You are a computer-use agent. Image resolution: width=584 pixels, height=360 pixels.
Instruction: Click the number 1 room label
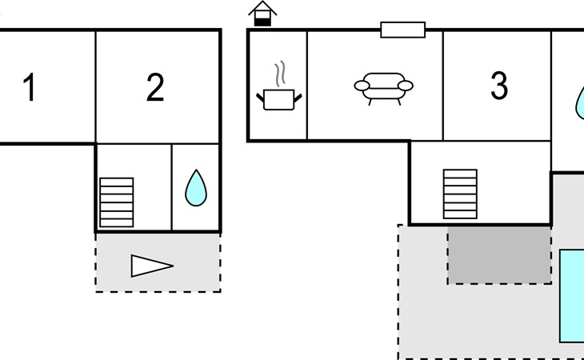[30, 87]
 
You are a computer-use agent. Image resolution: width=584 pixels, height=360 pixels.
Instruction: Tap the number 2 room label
[155, 87]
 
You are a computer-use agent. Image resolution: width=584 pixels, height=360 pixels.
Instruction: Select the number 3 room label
[499, 86]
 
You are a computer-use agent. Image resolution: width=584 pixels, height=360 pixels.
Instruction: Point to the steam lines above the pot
[280, 73]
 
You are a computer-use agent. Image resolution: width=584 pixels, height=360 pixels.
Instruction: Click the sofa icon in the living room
[384, 89]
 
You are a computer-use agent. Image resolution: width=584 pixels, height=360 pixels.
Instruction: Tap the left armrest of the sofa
[362, 86]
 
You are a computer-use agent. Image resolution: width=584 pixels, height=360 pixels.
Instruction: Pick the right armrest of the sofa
[406, 86]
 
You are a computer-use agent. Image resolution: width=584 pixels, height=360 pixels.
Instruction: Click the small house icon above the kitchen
[262, 14]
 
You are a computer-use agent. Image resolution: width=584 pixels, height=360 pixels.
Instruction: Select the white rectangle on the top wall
[402, 30]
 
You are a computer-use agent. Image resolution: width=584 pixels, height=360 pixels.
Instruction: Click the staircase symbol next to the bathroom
[117, 202]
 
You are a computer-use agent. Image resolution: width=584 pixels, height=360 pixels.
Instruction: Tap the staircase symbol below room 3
[460, 194]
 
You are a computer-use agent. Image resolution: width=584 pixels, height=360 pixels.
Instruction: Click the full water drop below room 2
[196, 188]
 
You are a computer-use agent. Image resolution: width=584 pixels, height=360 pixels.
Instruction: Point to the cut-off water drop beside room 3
[579, 102]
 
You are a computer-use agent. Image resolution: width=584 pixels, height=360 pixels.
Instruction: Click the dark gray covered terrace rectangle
[499, 254]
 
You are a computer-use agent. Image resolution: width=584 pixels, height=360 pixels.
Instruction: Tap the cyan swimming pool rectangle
[572, 296]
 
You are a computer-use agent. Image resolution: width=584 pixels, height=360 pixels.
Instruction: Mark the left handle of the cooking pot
[260, 98]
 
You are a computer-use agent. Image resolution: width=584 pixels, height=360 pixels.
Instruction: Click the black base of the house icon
[262, 22]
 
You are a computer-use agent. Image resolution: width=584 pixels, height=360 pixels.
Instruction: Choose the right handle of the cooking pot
[298, 98]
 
